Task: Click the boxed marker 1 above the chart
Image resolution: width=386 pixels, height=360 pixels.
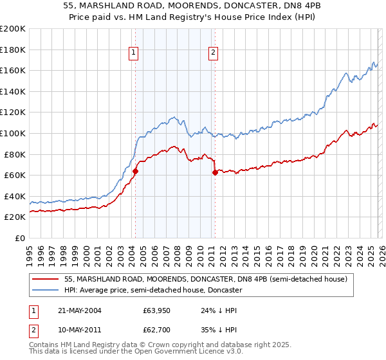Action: (x=134, y=53)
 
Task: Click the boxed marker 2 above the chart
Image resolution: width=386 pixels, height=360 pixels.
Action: (x=214, y=53)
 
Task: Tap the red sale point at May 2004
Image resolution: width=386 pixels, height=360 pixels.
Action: (x=136, y=172)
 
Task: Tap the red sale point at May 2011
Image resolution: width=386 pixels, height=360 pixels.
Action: (x=215, y=173)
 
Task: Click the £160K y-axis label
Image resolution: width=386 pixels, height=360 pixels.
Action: (x=13, y=71)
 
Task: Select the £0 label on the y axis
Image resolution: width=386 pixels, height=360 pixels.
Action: (x=19, y=238)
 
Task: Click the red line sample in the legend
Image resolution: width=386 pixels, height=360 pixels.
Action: (x=46, y=279)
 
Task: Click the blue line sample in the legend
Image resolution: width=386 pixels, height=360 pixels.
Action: (x=46, y=290)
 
